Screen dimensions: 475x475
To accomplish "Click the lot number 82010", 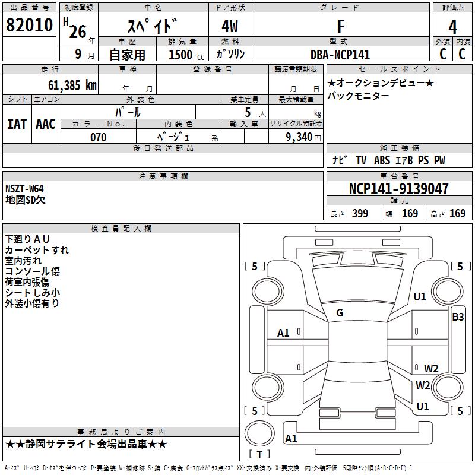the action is click(x=29, y=26).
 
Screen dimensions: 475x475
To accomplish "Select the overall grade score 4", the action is click(x=452, y=27).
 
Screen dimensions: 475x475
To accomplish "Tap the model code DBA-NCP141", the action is click(x=340, y=55).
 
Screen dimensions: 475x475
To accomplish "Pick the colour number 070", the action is click(x=98, y=137).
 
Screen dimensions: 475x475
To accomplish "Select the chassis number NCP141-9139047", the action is click(x=399, y=189).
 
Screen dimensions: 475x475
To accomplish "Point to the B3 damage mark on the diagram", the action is click(x=458, y=317).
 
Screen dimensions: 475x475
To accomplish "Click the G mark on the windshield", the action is click(x=340, y=313).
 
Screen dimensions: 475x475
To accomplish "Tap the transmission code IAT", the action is click(x=17, y=124).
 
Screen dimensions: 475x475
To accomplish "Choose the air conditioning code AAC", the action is click(x=46, y=124).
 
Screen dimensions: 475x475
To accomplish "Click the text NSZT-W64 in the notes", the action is click(x=24, y=189).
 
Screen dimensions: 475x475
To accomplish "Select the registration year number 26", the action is click(x=78, y=31).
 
